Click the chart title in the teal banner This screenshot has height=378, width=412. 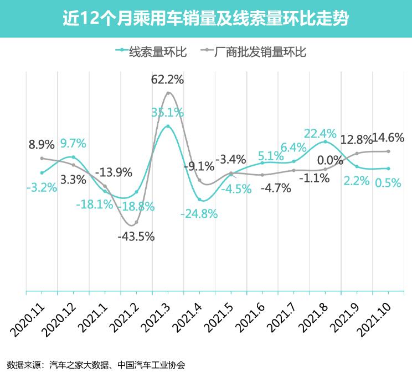(x=205, y=19)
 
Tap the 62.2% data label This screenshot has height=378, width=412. (x=167, y=80)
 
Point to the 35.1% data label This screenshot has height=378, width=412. (x=167, y=113)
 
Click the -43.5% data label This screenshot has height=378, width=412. (x=136, y=237)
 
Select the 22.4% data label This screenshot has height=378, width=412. (x=320, y=133)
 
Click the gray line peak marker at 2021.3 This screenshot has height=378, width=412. (x=168, y=93)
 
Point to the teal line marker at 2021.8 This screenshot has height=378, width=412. (x=325, y=142)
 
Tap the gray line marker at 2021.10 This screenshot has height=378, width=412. (x=388, y=151)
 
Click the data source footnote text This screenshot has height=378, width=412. (x=96, y=365)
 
